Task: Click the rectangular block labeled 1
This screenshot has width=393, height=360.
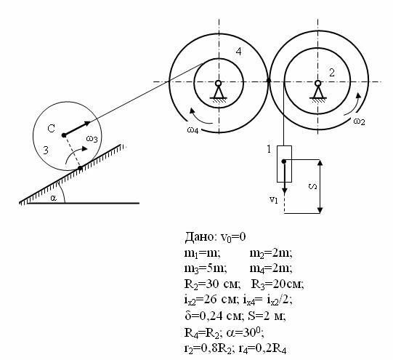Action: (284, 164)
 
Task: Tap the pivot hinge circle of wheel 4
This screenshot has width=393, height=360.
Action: (219, 83)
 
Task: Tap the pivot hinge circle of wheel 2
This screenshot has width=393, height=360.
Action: (317, 83)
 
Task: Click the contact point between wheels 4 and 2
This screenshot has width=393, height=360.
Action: (269, 81)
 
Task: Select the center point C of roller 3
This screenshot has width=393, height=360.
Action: (64, 135)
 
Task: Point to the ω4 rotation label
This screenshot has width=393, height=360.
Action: (193, 130)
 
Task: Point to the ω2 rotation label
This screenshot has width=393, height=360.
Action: (359, 121)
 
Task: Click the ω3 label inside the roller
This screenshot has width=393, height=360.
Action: (92, 138)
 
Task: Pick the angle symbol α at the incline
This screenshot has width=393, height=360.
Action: (53, 198)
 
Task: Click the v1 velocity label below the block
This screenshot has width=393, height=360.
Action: (274, 200)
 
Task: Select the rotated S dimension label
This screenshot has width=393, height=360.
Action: (313, 186)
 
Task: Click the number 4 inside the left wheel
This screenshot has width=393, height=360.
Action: (238, 52)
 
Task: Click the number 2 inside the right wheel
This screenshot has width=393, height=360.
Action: (331, 73)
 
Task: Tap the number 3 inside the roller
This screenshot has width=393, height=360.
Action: (46, 151)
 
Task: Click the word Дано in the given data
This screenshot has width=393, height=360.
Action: (199, 236)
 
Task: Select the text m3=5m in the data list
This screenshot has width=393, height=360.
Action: (206, 268)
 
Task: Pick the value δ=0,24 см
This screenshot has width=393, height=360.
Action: (214, 316)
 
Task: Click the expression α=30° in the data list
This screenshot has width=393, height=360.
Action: (245, 332)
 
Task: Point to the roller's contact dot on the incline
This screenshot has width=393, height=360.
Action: (80, 168)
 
